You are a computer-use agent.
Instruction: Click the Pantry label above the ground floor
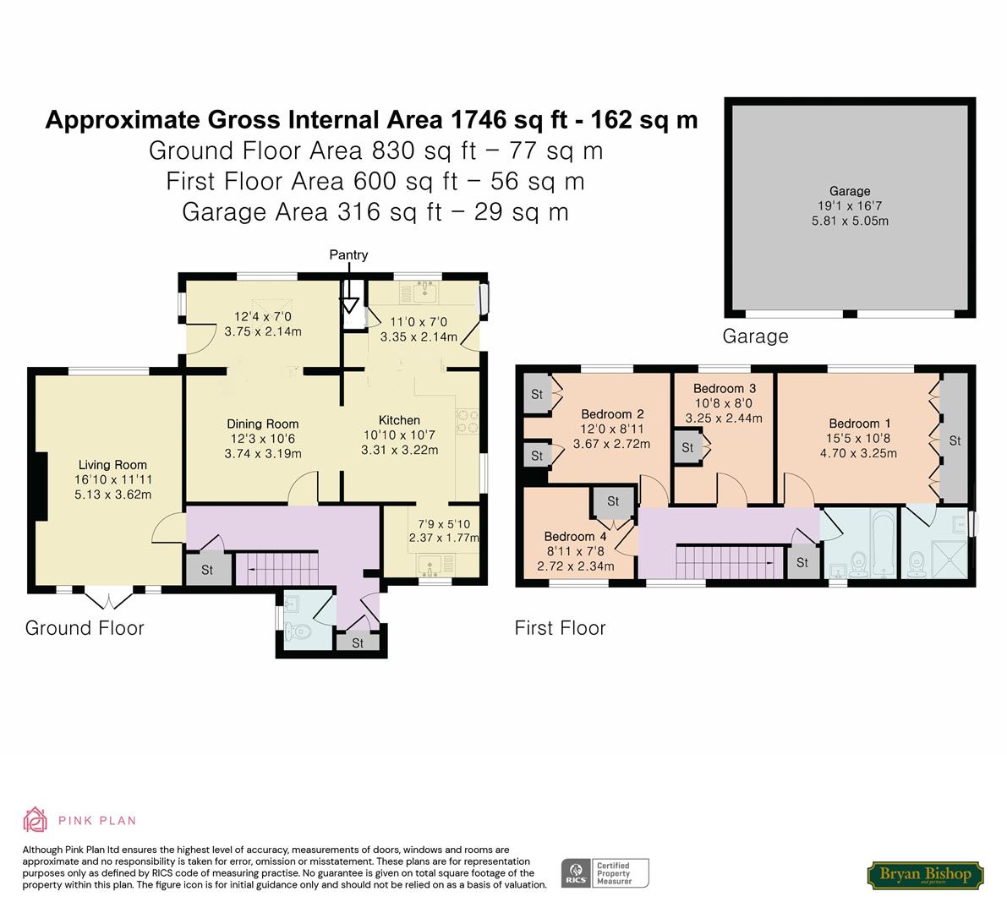(348, 255)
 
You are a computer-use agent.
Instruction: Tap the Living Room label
(112, 465)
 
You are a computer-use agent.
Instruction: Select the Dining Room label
(263, 424)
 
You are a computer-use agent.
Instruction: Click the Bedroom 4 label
(575, 537)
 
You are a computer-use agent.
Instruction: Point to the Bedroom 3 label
(725, 388)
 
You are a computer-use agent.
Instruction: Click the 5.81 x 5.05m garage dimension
(850, 221)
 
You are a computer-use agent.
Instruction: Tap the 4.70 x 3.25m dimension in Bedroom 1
(858, 453)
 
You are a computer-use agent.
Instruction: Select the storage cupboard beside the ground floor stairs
(207, 570)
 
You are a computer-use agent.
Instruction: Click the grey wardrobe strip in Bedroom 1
(955, 439)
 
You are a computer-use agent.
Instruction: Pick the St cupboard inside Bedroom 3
(688, 447)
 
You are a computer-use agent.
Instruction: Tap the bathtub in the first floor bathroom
(883, 544)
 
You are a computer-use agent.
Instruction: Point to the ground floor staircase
(277, 569)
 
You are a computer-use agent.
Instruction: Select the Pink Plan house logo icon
(36, 820)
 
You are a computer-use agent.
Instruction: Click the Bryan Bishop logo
(925, 874)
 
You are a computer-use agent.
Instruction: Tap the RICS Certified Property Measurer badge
(605, 873)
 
